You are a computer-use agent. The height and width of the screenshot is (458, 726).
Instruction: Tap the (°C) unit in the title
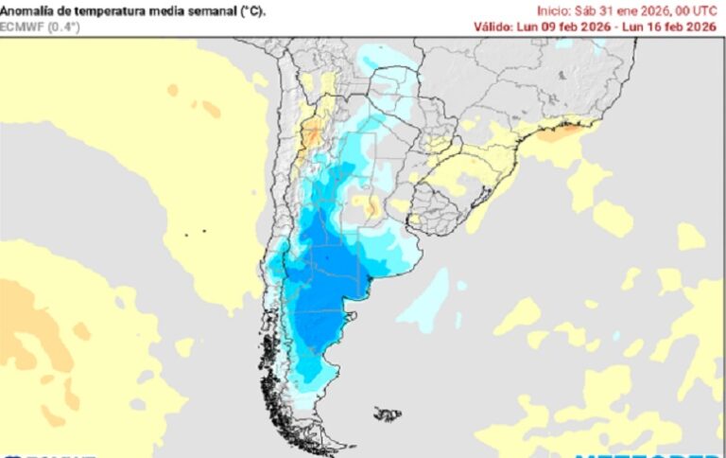(251, 10)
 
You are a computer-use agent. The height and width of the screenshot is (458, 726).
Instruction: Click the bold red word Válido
(494, 26)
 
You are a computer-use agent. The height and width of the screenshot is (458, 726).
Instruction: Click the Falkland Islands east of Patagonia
(387, 414)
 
